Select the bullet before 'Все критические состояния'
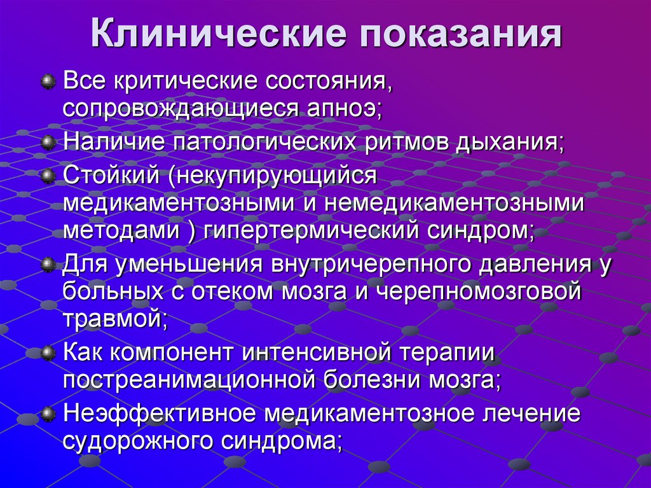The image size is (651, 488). pos(48,82)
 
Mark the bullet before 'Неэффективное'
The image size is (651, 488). pos(48,414)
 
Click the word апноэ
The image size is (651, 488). pos(340,108)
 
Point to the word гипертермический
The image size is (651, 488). pos(310,231)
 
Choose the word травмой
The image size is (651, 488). pos(114,319)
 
